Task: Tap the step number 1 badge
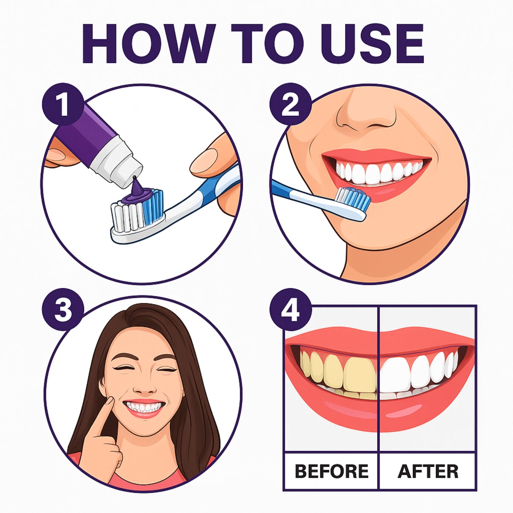(x=63, y=104)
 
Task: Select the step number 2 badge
(x=290, y=104)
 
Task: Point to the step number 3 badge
(x=63, y=309)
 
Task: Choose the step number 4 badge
(x=290, y=309)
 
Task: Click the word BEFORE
(x=332, y=471)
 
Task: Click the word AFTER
(x=428, y=471)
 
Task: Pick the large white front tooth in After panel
(x=395, y=374)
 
